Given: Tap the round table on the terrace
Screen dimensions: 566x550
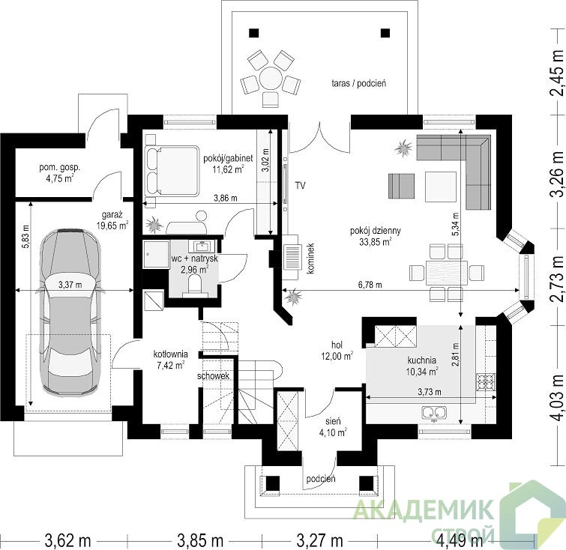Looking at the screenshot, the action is click(271, 78).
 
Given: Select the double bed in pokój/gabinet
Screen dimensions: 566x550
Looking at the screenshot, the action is click(172, 171).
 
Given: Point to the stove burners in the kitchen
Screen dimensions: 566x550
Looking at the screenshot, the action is click(486, 381).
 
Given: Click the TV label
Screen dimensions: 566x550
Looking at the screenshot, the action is click(300, 186).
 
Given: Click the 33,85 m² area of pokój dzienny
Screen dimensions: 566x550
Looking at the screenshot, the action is click(376, 242).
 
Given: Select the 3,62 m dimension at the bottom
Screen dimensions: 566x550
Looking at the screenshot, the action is click(68, 540).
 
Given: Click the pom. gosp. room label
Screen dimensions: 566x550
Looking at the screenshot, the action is click(60, 168).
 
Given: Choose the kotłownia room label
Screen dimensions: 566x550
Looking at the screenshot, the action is click(171, 354).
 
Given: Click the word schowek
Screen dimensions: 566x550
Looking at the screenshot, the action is click(214, 376).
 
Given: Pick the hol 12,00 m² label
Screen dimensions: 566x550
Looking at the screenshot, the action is click(337, 351).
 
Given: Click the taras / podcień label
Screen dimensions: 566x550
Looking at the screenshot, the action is click(359, 83).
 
